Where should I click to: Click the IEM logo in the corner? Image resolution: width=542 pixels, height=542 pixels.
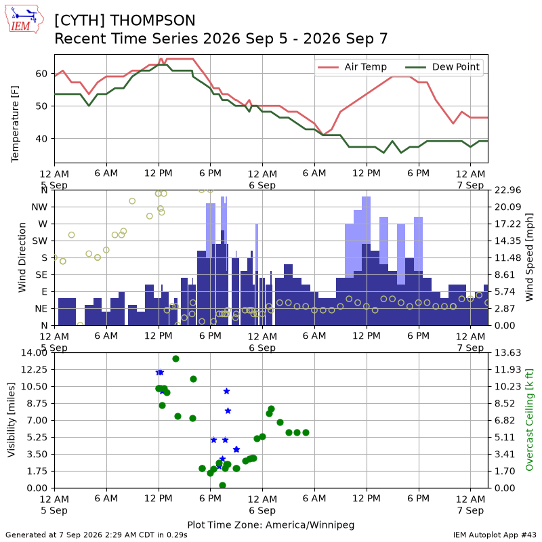click(24, 19)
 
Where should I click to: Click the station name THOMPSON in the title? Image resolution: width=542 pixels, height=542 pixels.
click(153, 20)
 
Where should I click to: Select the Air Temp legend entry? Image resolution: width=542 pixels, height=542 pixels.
click(352, 66)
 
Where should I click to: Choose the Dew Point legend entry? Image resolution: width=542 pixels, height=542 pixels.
click(443, 66)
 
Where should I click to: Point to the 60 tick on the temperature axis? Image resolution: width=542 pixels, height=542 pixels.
click(41, 74)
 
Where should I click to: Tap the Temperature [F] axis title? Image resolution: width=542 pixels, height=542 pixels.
click(14, 124)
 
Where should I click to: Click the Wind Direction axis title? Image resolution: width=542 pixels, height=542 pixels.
click(22, 257)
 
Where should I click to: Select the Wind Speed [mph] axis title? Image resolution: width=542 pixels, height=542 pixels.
click(529, 257)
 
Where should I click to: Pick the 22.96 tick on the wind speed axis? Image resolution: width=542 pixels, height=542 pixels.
click(507, 190)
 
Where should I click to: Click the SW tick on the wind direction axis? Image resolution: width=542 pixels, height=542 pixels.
click(39, 241)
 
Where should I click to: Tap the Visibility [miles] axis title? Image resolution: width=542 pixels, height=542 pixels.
click(11, 420)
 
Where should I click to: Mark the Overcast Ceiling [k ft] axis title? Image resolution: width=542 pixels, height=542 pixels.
click(529, 420)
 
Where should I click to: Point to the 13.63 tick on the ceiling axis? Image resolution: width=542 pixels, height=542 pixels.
click(507, 352)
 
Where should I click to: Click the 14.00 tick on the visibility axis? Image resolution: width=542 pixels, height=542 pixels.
click(34, 352)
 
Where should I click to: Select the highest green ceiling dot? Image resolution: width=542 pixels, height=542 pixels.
click(175, 359)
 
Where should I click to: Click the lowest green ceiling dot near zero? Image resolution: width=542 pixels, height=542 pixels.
click(223, 485)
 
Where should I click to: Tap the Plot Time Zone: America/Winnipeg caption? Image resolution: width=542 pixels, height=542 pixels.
click(270, 525)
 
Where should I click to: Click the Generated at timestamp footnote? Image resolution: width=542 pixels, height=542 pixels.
click(96, 535)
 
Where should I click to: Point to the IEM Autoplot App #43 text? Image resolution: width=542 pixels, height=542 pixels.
click(495, 535)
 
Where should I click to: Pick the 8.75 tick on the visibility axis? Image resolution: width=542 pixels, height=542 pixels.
click(37, 403)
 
